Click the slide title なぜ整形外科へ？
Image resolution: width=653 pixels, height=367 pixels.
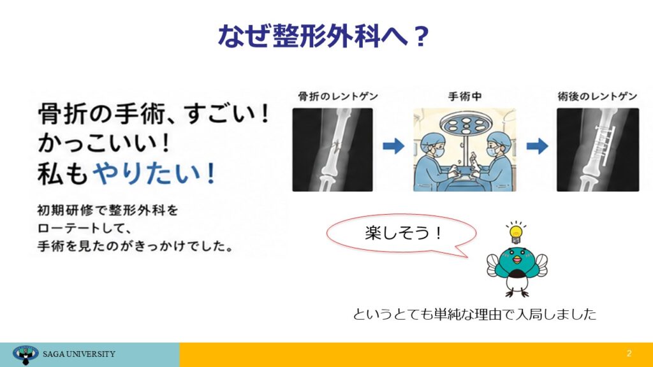pyautogui.click(x=323, y=36)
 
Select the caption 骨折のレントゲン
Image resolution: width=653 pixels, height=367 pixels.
pyautogui.click(x=338, y=97)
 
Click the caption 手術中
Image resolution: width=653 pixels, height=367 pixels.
pyautogui.click(x=465, y=97)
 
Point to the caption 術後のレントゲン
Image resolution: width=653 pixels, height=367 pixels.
pyautogui.click(x=598, y=97)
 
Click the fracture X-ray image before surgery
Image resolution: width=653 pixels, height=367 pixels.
pyautogui.click(x=332, y=150)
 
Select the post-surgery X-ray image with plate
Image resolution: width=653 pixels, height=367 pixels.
pyautogui.click(x=598, y=150)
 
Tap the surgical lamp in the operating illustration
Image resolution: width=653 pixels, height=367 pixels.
pyautogui.click(x=466, y=124)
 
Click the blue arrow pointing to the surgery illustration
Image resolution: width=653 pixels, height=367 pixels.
pyautogui.click(x=393, y=146)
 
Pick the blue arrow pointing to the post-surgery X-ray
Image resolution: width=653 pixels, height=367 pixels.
pyautogui.click(x=537, y=146)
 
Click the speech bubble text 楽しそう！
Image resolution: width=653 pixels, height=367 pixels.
pyautogui.click(x=403, y=233)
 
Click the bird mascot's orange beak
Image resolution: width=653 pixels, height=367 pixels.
pyautogui.click(x=517, y=260)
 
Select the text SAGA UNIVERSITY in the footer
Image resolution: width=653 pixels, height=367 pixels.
pyautogui.click(x=79, y=354)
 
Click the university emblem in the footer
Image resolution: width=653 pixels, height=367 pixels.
pyautogui.click(x=26, y=355)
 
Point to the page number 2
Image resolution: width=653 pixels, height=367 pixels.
pyautogui.click(x=629, y=353)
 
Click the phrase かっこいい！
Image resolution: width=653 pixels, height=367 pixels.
pyautogui.click(x=104, y=143)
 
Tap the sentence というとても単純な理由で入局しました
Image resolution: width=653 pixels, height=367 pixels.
pyautogui.click(x=474, y=314)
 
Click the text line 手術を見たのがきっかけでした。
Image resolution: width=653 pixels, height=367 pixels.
pyautogui.click(x=135, y=247)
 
